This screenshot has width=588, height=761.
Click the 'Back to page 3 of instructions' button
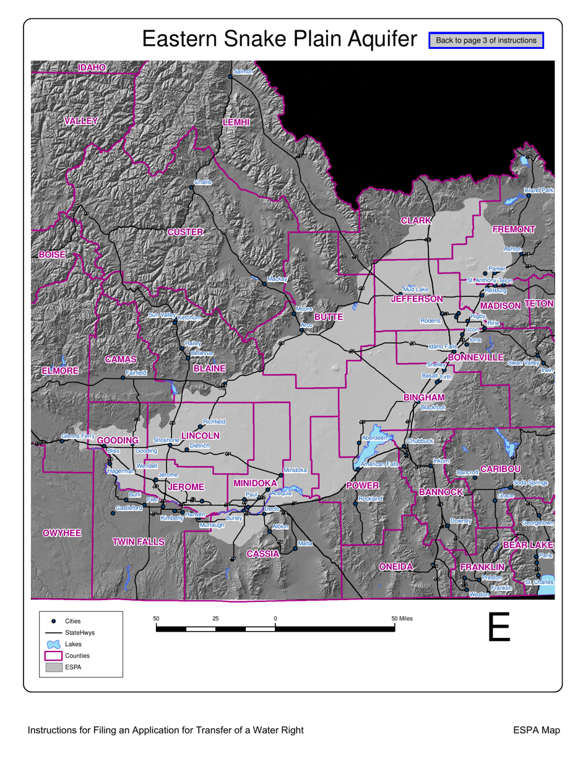[x=486, y=40]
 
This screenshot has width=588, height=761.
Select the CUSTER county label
[x=185, y=232]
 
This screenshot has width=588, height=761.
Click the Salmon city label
[x=243, y=72]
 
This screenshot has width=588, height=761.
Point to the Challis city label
[x=202, y=182]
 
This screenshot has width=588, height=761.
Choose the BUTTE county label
[x=328, y=317]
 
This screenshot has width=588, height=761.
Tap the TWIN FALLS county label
[x=139, y=542]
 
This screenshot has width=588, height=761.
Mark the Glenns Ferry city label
[x=77, y=437]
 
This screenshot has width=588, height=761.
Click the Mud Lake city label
[x=415, y=290]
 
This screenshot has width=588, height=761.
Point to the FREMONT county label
[x=513, y=230]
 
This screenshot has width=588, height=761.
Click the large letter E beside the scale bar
[x=499, y=627]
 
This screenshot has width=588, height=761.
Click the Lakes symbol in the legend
[x=54, y=644]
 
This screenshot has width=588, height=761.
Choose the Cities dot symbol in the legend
[x=54, y=621]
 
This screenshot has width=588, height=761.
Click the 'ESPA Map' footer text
[x=537, y=731]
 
